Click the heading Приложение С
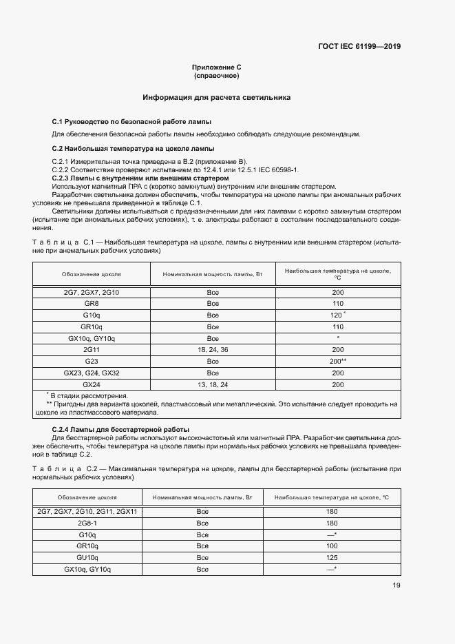[216, 67]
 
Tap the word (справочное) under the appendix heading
[216, 75]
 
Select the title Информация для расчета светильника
[216, 98]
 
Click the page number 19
[396, 585]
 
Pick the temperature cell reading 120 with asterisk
[338, 315]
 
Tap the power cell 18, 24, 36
[213, 350]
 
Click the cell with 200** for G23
[338, 362]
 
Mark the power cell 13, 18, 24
[213, 384]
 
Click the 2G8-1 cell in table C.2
[87, 523]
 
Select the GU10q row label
[87, 557]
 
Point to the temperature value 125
[331, 557]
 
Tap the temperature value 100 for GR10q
[331, 546]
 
